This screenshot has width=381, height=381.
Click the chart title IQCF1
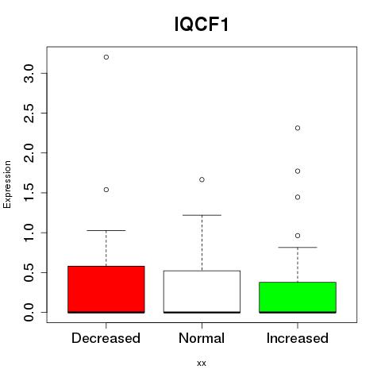point(202,25)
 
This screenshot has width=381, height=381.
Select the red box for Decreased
point(106,290)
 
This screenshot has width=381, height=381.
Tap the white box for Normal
point(202,291)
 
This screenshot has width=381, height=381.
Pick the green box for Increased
point(298,298)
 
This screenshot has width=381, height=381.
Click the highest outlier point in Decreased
point(106,57)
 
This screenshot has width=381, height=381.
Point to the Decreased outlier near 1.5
point(106,190)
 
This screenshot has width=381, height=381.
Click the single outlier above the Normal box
point(202,179)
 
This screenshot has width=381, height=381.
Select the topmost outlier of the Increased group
point(298,128)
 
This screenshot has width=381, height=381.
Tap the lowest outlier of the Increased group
point(298,236)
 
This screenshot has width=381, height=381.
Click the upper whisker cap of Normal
point(202,215)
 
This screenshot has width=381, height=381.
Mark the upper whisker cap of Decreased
point(106,230)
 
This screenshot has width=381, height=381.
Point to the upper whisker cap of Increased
point(298,248)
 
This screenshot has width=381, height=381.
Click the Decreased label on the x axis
point(106,338)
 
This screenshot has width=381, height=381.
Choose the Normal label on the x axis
point(202,338)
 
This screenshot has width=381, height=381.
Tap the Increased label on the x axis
point(298,338)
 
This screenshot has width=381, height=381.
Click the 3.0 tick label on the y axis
point(29,73)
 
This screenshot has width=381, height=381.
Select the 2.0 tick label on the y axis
point(29,153)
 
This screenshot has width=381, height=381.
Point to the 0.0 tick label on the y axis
point(29,312)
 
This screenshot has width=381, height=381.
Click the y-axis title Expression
point(7,184)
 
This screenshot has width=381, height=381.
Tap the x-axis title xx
point(202,364)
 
